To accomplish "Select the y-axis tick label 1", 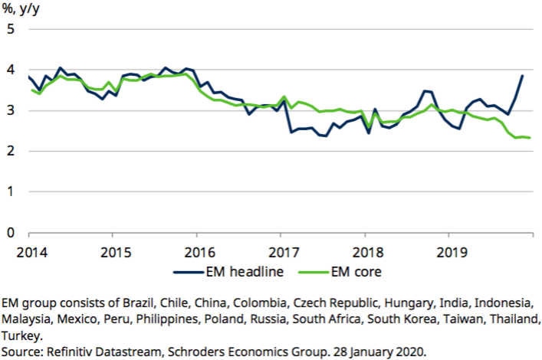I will coord(11,191).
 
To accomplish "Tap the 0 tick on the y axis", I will coord(11,232).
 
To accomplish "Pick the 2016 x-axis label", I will coord(199,250).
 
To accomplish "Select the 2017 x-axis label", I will coord(282,250).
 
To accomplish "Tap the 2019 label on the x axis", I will coord(450,250).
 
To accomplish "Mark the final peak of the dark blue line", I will coord(522,75).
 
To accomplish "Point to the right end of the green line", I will coord(530,138).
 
